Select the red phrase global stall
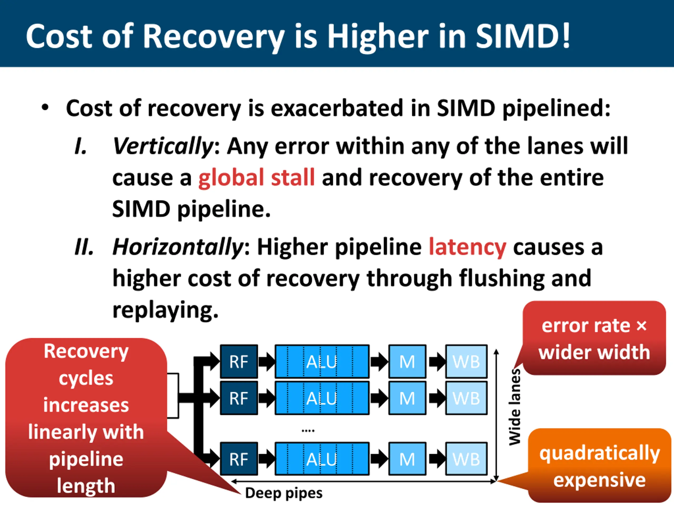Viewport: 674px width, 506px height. (256, 178)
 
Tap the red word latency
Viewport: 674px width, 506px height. (467, 247)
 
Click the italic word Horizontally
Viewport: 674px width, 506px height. (178, 247)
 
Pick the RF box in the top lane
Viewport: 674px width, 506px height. (239, 362)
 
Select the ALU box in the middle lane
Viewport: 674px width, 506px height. (322, 398)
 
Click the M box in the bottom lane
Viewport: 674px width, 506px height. (407, 459)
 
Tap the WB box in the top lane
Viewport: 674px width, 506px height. (466, 362)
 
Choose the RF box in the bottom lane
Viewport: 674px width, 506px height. (239, 459)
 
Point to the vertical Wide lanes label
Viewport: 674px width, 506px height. (515, 407)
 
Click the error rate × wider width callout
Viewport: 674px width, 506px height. (594, 339)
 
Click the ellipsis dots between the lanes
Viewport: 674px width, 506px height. (308, 431)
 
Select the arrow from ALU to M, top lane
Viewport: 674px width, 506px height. (379, 362)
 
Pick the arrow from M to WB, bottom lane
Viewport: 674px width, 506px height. (436, 459)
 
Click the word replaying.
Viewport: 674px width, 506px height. (165, 310)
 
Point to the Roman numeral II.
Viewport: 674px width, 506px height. (84, 247)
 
